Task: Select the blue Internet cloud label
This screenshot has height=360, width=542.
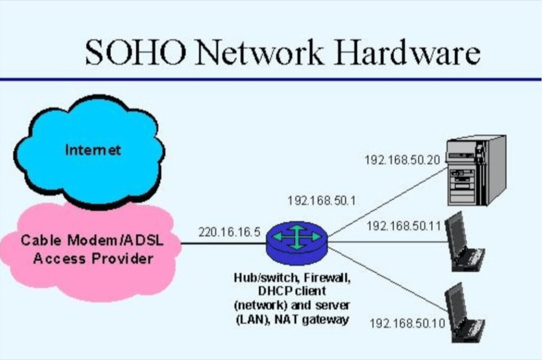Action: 93,150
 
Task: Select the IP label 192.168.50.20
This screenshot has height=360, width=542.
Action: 402,159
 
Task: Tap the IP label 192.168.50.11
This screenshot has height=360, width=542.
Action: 404,226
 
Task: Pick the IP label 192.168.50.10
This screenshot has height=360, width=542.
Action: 407,323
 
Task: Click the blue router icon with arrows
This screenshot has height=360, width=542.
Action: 296,241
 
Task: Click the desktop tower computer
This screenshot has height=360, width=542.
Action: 475,170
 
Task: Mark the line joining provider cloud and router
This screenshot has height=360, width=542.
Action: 222,244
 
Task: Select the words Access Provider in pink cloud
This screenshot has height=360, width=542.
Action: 93,259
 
